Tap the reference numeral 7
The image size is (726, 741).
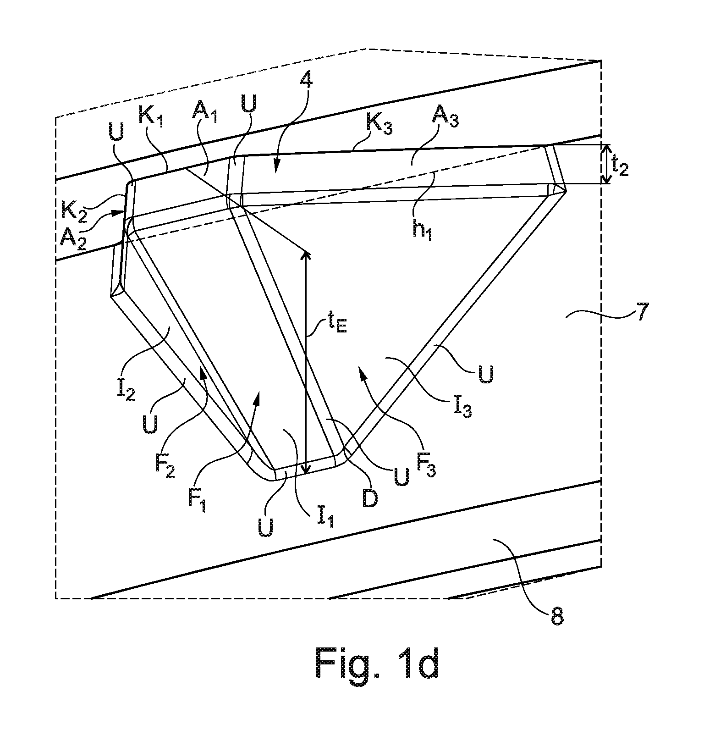click(639, 317)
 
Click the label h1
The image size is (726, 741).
click(422, 231)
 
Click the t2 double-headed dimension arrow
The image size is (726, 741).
click(606, 164)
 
